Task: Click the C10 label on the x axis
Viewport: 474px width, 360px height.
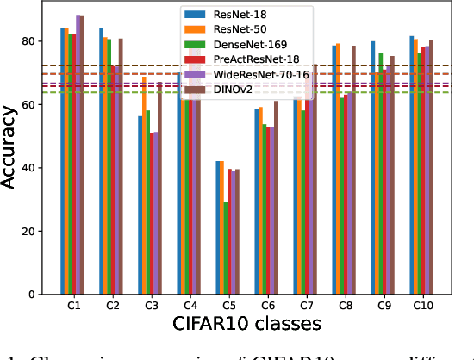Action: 421,307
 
